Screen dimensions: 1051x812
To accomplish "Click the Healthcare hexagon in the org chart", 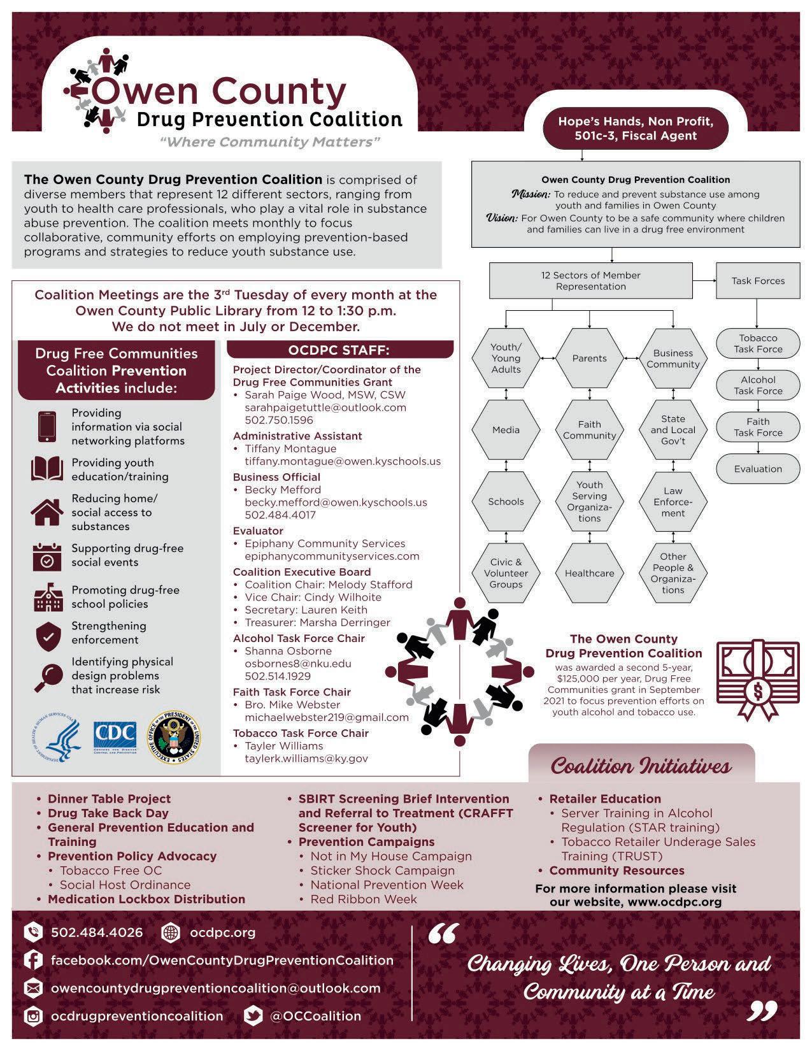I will [x=589, y=573].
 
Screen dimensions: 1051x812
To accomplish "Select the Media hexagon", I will [x=506, y=430].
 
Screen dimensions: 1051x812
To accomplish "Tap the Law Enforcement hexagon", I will [x=673, y=502].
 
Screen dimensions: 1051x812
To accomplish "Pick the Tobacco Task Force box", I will [x=758, y=344].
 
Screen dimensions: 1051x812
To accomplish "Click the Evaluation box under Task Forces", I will [x=758, y=469].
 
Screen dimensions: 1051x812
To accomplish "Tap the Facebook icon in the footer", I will [x=32, y=959].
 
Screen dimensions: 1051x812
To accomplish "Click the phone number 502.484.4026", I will [x=97, y=933].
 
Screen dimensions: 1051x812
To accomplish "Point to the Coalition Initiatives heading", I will [x=641, y=765].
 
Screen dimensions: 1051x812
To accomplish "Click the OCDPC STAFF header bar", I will [x=339, y=350].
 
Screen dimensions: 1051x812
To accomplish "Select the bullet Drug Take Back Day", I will [x=108, y=813].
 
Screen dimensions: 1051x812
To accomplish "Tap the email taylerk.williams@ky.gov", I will [x=306, y=759].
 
